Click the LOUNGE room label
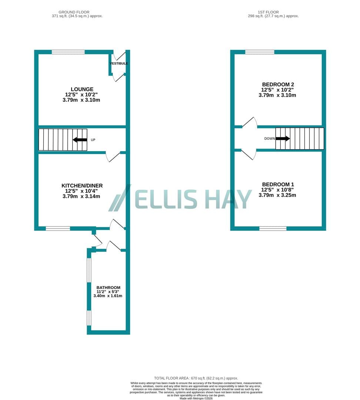82,89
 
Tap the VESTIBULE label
119,63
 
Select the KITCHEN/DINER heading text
82,186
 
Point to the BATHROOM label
108,287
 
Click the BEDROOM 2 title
278,84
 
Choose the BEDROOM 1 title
278,184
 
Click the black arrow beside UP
80,140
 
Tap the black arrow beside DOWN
283,139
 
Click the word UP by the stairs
93,140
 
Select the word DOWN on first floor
270,139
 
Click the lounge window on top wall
68,52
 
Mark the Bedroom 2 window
260,52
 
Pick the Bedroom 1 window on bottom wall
273,229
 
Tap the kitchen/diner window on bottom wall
58,229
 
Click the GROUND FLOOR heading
74,12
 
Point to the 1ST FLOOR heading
268,12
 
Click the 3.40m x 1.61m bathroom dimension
108,296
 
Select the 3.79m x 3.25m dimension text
277,195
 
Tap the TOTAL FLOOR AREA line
196,378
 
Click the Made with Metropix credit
196,398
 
